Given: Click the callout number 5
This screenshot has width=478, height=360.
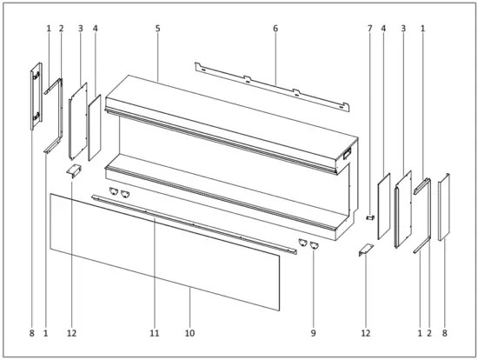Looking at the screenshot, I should click(157, 29).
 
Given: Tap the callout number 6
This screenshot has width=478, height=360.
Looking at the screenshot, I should click(275, 29).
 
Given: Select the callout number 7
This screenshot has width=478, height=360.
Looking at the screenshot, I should click(369, 29).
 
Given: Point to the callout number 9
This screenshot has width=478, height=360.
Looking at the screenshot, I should click(313, 333).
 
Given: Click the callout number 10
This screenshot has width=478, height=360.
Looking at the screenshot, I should click(190, 333).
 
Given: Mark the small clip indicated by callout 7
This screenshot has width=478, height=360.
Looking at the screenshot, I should click(369, 217).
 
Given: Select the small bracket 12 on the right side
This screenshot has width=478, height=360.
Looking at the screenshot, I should click(365, 250).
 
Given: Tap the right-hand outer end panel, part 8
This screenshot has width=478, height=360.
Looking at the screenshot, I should click(443, 207).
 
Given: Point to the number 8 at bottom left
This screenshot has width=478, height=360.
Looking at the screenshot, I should click(31, 333).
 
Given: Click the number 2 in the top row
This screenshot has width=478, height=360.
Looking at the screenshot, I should click(61, 29).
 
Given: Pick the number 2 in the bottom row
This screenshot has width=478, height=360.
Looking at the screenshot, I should click(429, 333).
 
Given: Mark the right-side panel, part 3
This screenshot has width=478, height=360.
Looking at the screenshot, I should click(403, 209).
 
